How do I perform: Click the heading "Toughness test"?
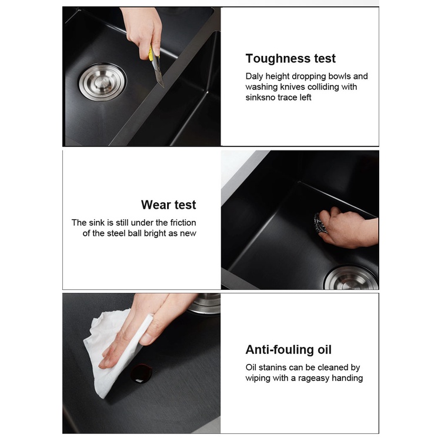(x=290, y=58)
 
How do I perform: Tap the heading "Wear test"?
(x=169, y=205)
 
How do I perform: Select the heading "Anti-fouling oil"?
(x=288, y=350)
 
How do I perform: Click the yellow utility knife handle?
(x=151, y=53)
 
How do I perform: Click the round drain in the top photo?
(x=102, y=82)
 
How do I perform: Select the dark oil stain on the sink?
(x=142, y=373)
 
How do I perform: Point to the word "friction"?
(x=183, y=223)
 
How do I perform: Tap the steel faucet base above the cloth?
(x=205, y=304)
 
